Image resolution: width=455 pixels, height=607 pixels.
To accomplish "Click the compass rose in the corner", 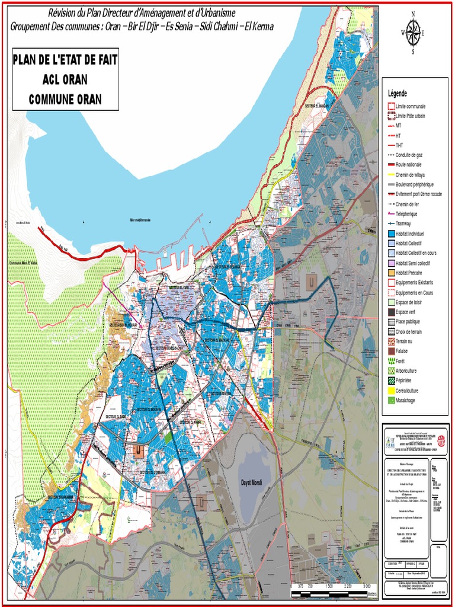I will click(x=413, y=32).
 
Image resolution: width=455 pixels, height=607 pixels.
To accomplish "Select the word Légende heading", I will click(x=398, y=94).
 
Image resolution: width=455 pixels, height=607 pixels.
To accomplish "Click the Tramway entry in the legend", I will click(x=403, y=223).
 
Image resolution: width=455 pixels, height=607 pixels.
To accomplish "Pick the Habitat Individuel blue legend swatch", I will click(x=391, y=234).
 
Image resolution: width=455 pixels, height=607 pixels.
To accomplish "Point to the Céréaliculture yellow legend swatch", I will click(x=391, y=390).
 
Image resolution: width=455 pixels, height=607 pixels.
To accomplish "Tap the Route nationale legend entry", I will click(x=409, y=165).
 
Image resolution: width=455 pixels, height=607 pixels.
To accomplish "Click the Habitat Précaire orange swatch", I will click(x=391, y=273).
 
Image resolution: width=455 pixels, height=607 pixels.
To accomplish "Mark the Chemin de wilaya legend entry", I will click(x=410, y=174).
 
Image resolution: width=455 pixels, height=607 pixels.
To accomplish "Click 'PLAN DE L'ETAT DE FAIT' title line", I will click(x=65, y=60).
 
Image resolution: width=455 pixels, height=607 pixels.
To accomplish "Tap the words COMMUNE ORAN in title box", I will click(x=65, y=99).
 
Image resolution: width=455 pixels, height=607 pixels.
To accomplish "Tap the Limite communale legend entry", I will click(x=410, y=106).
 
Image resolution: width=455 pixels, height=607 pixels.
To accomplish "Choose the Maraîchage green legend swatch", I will click(x=391, y=400).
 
